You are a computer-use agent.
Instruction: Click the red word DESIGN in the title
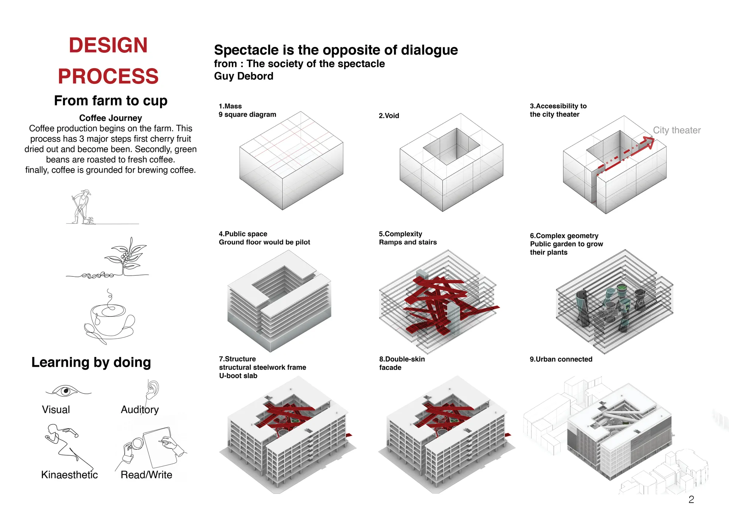point(108,45)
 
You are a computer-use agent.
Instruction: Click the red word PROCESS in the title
point(108,76)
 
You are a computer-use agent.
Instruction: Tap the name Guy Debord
point(243,76)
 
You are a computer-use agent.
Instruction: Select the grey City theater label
point(677,130)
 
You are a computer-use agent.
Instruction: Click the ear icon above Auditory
point(152,390)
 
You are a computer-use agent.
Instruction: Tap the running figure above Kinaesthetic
point(66,445)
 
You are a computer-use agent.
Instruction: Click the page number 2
point(691,499)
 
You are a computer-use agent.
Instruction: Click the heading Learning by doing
point(91,362)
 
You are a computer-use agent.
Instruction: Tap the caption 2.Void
point(389,116)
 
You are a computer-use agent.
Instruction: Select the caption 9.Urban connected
point(561,359)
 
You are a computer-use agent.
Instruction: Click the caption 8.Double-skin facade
point(402,363)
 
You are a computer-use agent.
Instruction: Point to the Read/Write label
point(146,475)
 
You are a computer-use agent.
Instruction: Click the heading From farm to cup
point(111,101)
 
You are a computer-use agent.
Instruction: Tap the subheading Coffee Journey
point(110,118)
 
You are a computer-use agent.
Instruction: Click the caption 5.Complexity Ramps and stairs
point(408,238)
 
